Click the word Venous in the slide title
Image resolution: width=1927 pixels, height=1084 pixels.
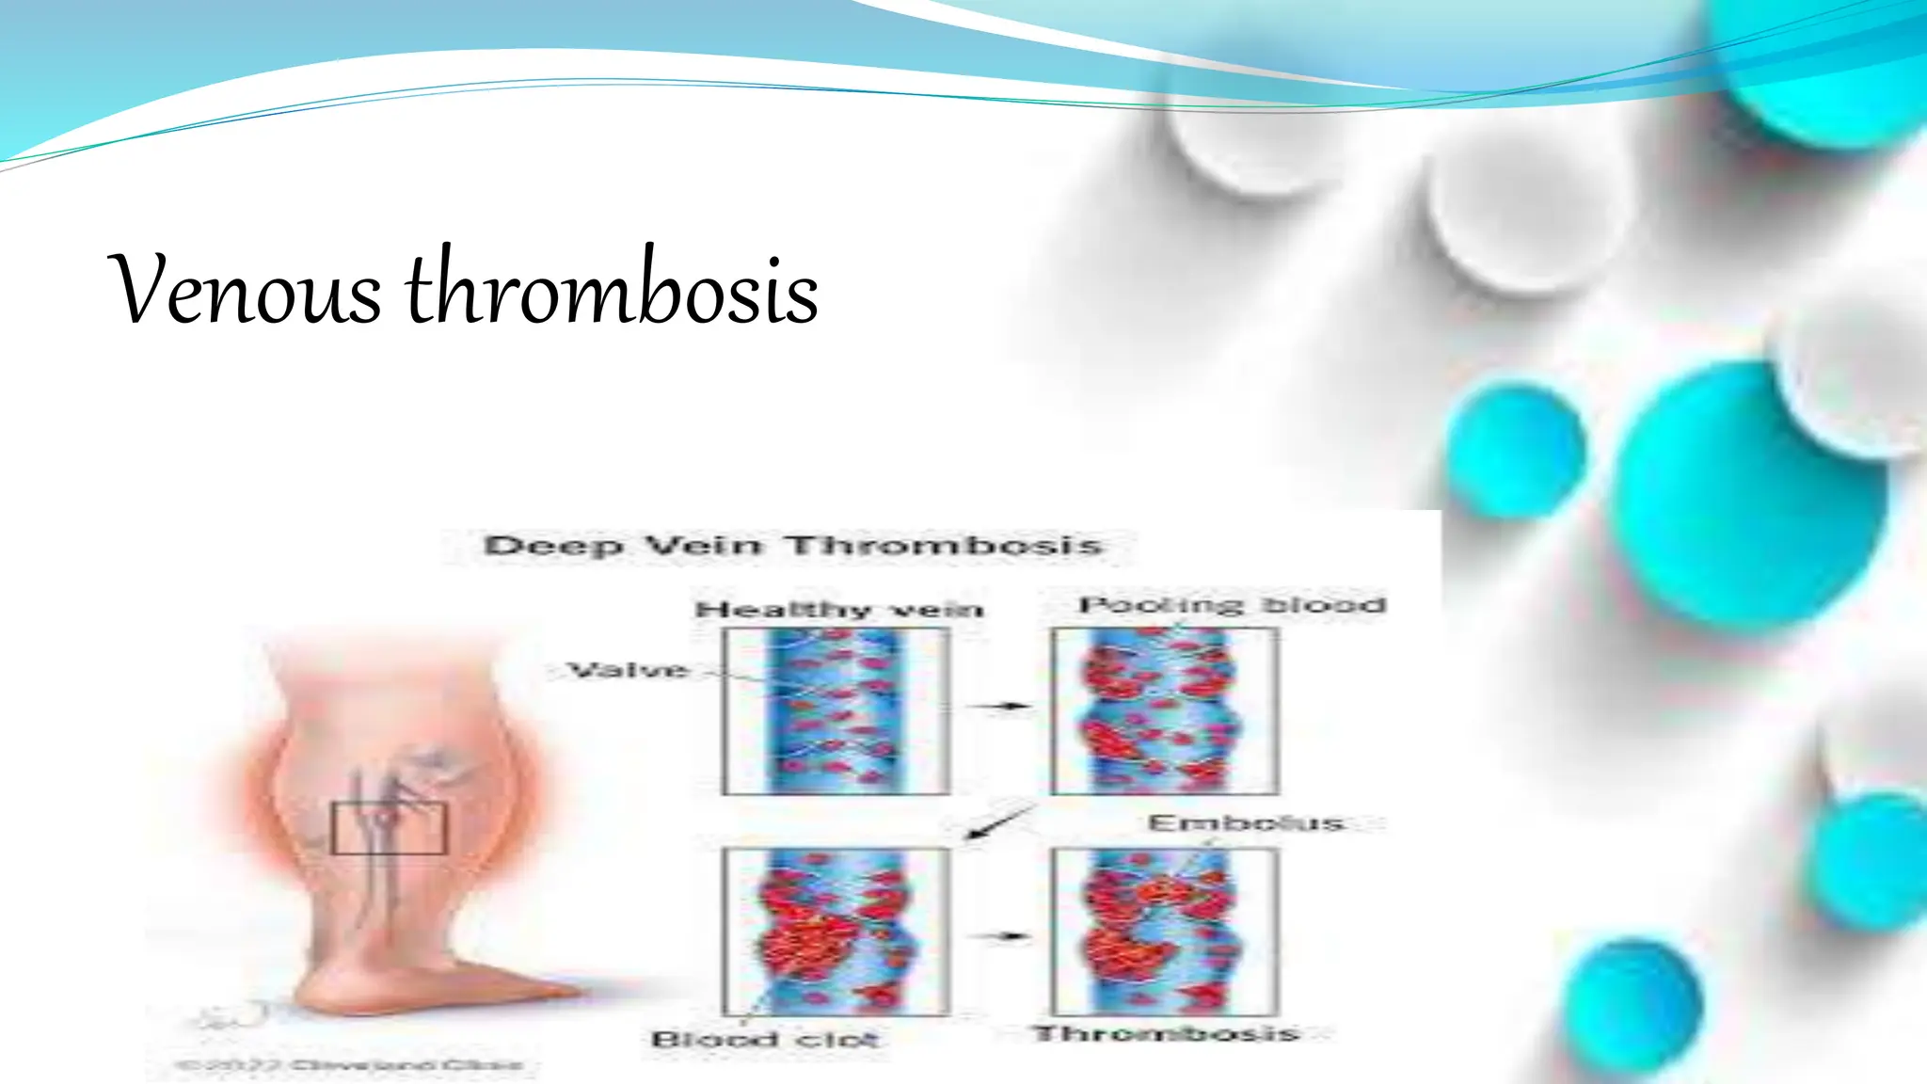point(247,291)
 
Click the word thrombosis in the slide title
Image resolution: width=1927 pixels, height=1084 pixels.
point(613,289)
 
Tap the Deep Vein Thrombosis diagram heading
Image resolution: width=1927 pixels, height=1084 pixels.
point(792,546)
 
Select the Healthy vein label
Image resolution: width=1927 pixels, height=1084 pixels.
point(839,610)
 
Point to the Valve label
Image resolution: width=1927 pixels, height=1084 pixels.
point(629,670)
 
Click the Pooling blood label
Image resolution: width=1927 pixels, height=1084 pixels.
point(1232,604)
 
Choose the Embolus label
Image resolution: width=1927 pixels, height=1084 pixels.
point(1246,823)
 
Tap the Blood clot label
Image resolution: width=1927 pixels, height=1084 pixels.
point(765,1039)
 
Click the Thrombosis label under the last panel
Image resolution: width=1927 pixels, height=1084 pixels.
point(1166,1033)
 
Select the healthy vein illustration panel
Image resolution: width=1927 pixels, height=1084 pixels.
point(836,711)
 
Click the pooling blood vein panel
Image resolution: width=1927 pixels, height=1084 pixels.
point(1164,711)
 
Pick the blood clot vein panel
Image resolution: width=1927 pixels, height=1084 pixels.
point(836,932)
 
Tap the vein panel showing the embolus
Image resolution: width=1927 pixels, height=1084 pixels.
point(1164,932)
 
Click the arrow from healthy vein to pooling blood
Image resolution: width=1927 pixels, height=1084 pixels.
point(1000,706)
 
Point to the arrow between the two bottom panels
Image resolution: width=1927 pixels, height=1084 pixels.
point(1000,936)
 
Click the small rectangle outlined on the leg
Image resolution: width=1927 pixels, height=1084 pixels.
point(389,828)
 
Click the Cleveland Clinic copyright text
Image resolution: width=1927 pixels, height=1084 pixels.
point(350,1065)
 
